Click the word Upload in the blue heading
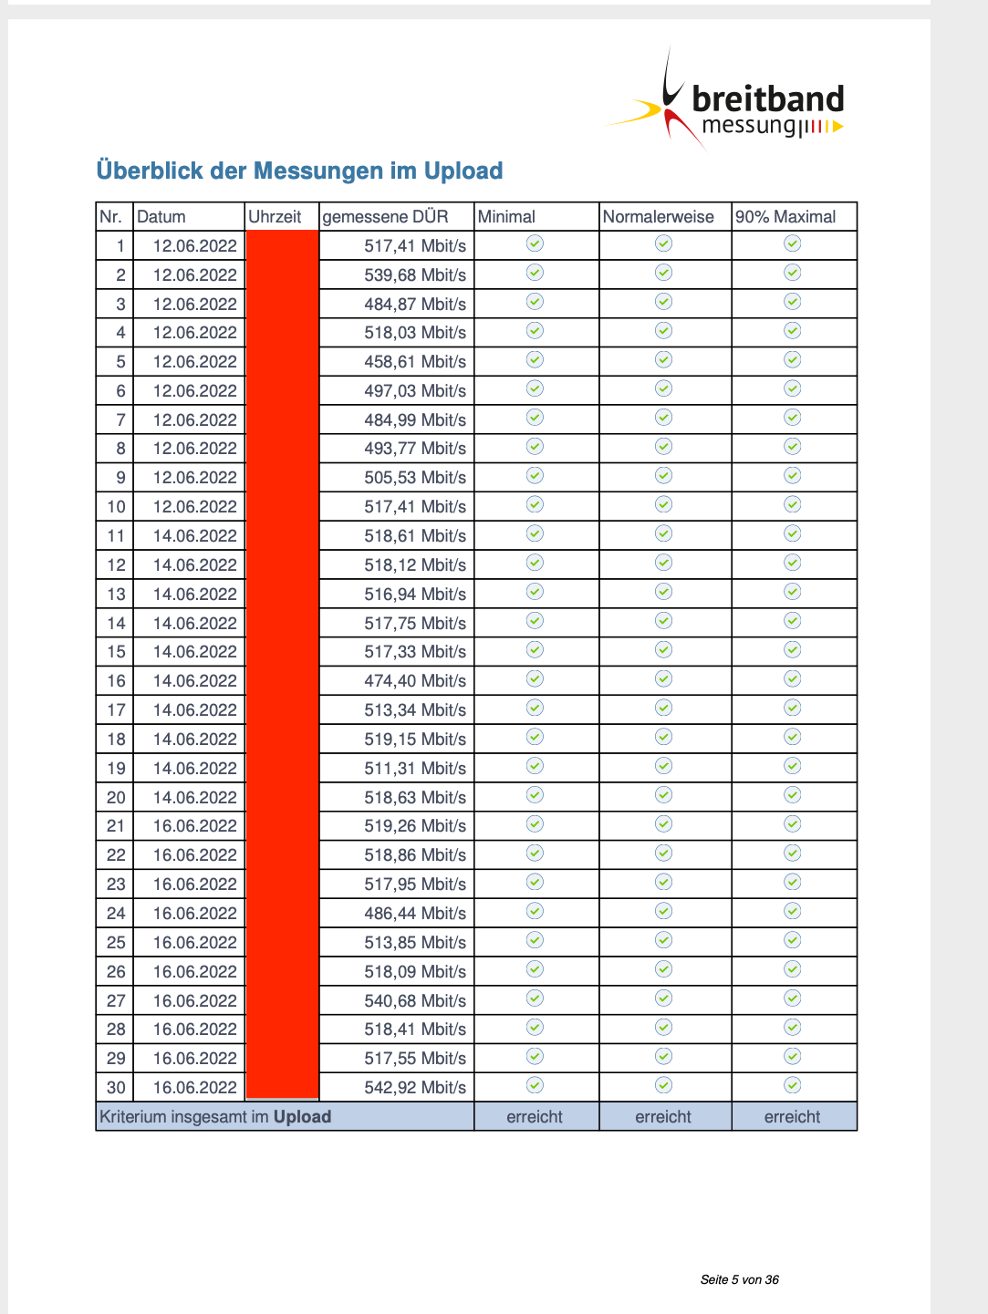pyautogui.click(x=463, y=171)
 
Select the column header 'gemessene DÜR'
pyautogui.click(x=385, y=217)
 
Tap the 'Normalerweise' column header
pyautogui.click(x=658, y=217)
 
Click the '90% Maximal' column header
pyautogui.click(x=785, y=217)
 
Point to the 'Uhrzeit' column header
pyautogui.click(x=275, y=217)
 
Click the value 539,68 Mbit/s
pyautogui.click(x=415, y=275)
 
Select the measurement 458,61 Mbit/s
pyautogui.click(x=415, y=362)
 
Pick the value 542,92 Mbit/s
pyautogui.click(x=415, y=1088)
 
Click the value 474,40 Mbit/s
pyautogui.click(x=415, y=681)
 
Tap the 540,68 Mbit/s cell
pyautogui.click(x=415, y=1001)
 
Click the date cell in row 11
pyautogui.click(x=194, y=536)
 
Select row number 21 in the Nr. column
pyautogui.click(x=116, y=826)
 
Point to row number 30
pyautogui.click(x=116, y=1088)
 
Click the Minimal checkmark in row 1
pyautogui.click(x=536, y=243)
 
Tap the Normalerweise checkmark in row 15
pyautogui.click(x=664, y=650)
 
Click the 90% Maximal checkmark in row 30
pyautogui.click(x=793, y=1085)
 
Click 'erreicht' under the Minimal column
pyautogui.click(x=535, y=1117)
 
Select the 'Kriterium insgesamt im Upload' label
pyautogui.click(x=215, y=1117)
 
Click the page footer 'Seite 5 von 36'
pyautogui.click(x=739, y=1279)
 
